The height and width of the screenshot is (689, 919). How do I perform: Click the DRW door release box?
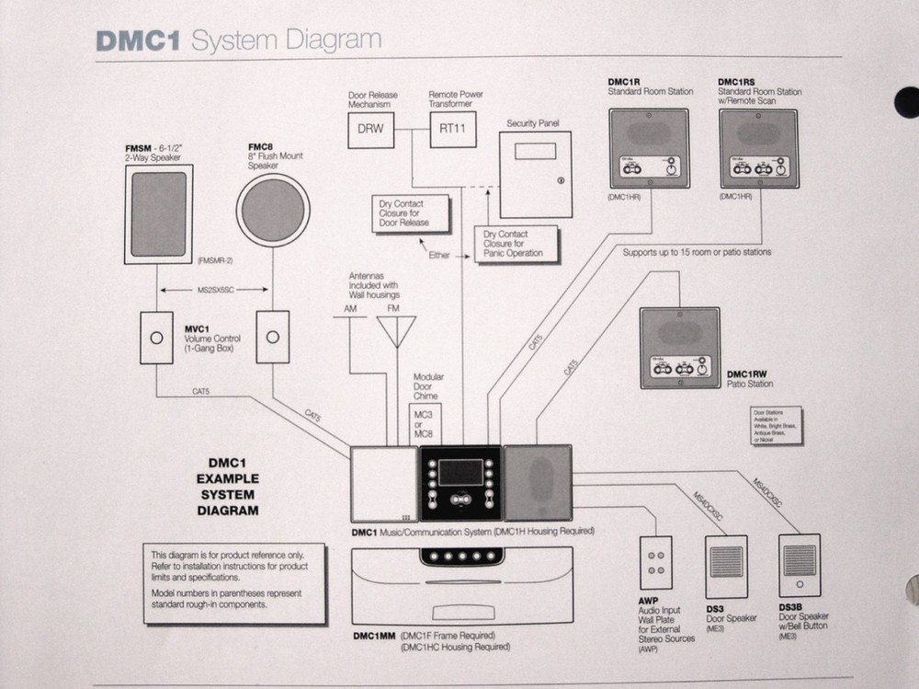coord(370,130)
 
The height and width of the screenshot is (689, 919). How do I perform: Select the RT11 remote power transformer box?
coord(452,130)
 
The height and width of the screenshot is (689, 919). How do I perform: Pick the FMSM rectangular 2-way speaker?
coord(159,213)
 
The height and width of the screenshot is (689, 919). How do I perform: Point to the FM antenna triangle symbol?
coord(396,332)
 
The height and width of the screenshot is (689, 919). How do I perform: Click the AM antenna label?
coord(349,309)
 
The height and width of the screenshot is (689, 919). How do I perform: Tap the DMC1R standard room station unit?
coord(650,149)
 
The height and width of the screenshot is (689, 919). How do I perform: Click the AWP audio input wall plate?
coord(655,563)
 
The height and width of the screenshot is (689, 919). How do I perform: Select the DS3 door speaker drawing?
coord(726,567)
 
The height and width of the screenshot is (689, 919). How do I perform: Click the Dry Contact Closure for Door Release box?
coord(410,213)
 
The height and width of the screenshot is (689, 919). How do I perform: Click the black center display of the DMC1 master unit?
coord(461,471)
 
